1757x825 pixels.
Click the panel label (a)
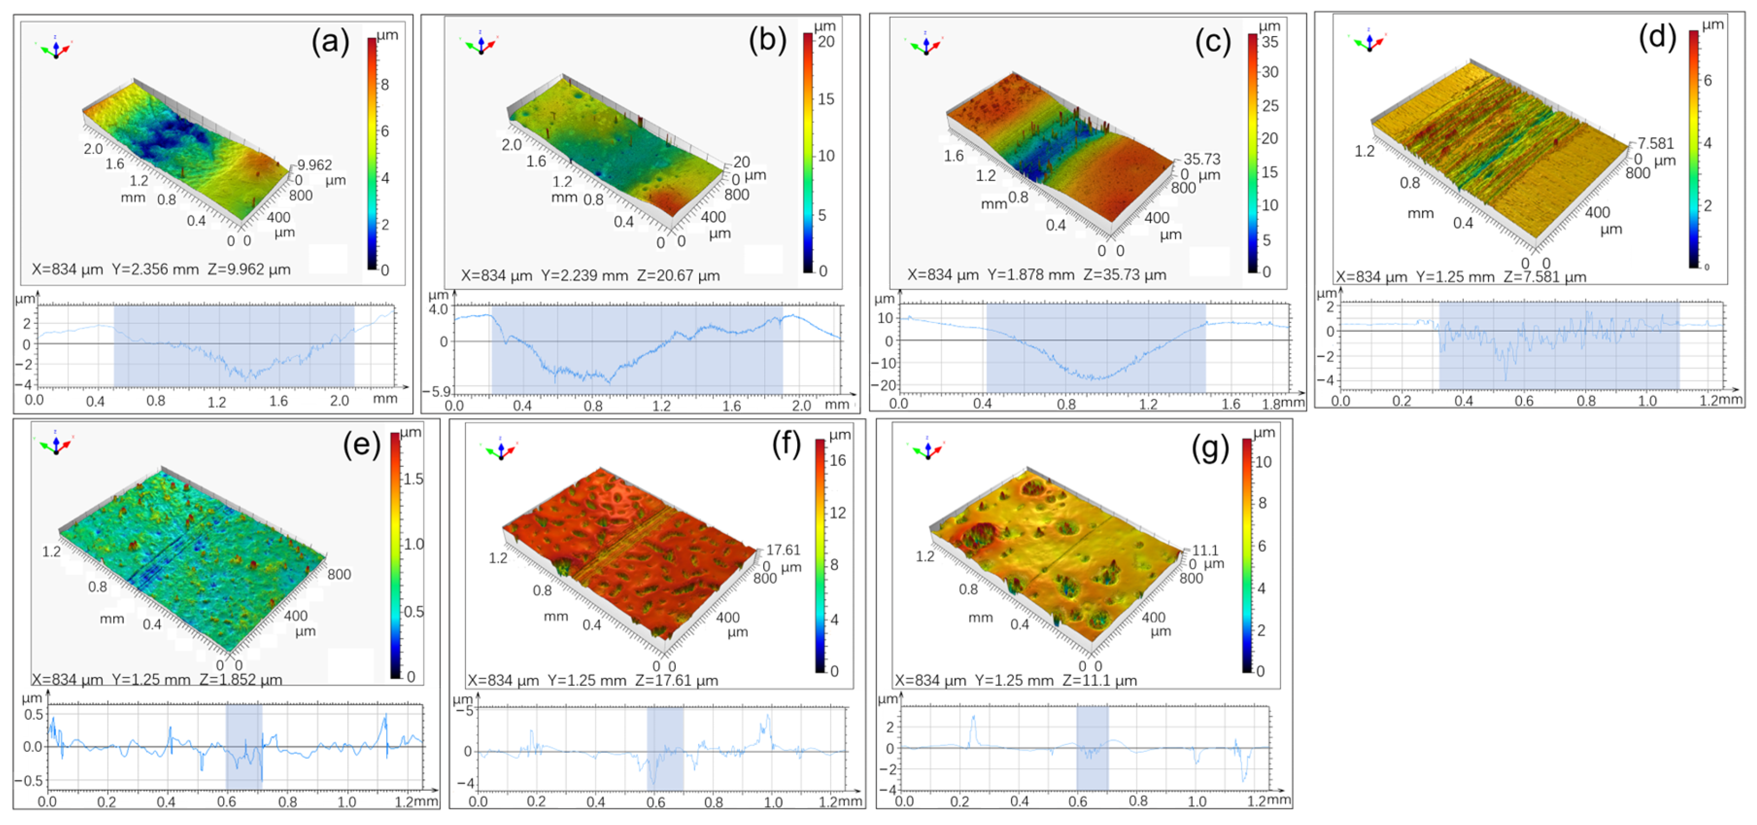pyautogui.click(x=330, y=42)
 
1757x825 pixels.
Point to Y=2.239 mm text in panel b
pyautogui.click(x=584, y=276)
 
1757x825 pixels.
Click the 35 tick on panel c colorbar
pyautogui.click(x=1269, y=42)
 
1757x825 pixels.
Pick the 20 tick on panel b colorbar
pyautogui.click(x=826, y=42)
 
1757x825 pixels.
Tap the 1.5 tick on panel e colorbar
pyautogui.click(x=413, y=479)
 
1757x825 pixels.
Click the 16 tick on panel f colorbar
pyautogui.click(x=837, y=460)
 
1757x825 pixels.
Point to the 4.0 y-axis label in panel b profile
pyautogui.click(x=438, y=309)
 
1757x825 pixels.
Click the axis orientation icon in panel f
pyautogui.click(x=501, y=450)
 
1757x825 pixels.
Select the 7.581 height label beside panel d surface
pyautogui.click(x=1655, y=143)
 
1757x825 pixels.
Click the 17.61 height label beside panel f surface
pyautogui.click(x=783, y=549)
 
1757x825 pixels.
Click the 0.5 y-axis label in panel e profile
pyautogui.click(x=34, y=715)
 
